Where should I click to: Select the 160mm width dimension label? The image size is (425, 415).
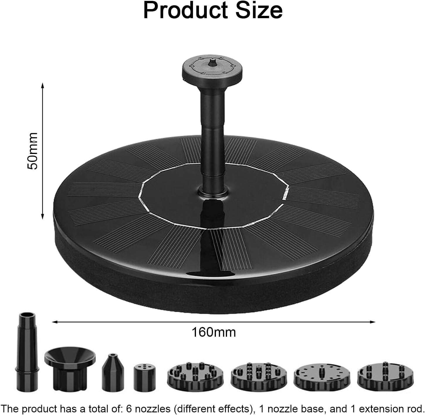(x=214, y=332)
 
